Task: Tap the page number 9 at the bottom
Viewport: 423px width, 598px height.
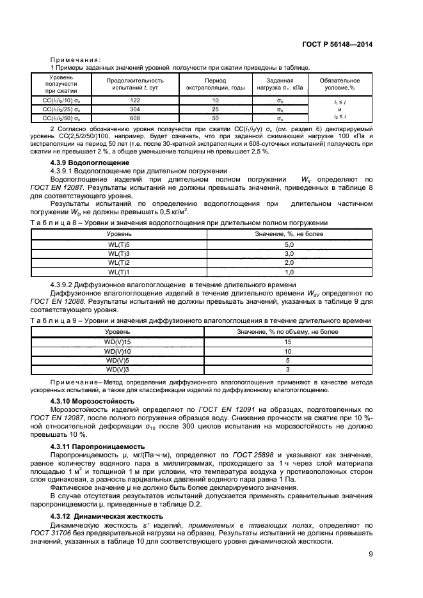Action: click(370, 554)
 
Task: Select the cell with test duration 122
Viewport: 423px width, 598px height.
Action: click(134, 101)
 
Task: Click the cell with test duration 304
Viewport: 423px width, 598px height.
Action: click(134, 109)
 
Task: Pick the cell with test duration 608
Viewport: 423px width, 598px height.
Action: click(134, 118)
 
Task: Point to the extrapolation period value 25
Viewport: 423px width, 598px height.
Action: click(215, 109)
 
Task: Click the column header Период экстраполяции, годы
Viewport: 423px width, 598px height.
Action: click(215, 84)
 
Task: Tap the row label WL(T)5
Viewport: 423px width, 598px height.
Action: click(118, 245)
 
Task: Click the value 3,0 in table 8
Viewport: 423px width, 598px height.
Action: click(288, 254)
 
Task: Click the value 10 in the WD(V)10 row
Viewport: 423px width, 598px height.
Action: click(288, 352)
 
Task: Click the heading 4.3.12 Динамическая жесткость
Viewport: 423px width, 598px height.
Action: click(103, 514)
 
